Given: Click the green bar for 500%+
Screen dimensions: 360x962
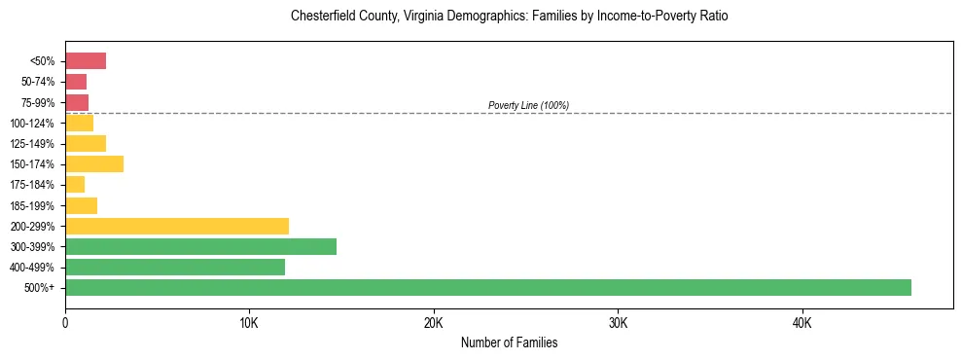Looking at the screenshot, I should [x=487, y=287].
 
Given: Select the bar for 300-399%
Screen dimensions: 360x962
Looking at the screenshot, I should [x=200, y=246].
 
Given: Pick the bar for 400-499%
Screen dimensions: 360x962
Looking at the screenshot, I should [x=175, y=267].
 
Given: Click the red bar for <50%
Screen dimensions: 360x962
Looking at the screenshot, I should [x=86, y=61].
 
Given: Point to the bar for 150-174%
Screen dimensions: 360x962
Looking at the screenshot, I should [x=94, y=163].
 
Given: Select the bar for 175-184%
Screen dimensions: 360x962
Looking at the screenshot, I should [x=75, y=185].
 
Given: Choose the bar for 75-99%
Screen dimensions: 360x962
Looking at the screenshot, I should [x=77, y=102].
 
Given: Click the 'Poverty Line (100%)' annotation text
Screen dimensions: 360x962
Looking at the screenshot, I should [x=528, y=105].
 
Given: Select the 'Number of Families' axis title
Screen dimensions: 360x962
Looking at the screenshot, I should [x=509, y=343].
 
